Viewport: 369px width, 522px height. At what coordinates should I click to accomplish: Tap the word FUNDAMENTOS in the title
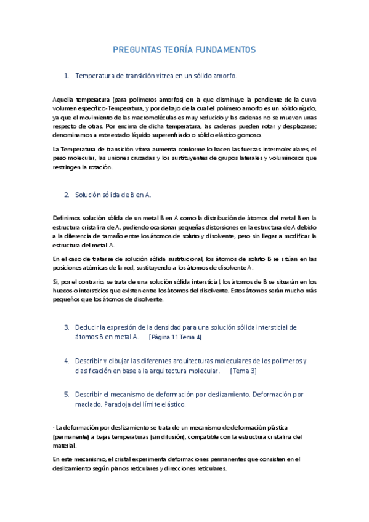point(222,50)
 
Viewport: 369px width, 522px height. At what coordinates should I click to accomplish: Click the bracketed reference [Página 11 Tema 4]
point(175,337)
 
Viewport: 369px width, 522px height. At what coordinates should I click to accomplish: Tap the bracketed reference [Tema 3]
point(243,371)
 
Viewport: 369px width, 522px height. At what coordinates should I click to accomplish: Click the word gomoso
point(249,135)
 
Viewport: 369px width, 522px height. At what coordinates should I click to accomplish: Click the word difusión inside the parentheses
point(184,436)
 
